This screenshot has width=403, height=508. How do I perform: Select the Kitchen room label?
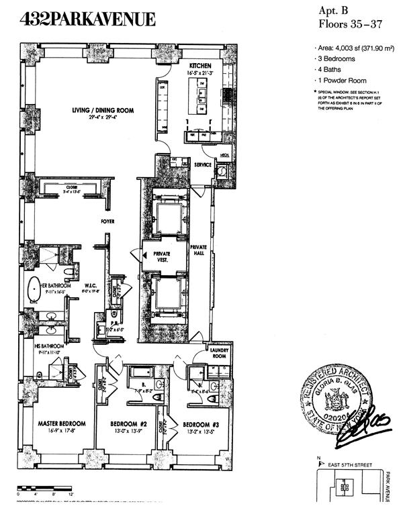pyautogui.click(x=201, y=65)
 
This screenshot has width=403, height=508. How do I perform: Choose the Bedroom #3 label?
pyautogui.click(x=199, y=425)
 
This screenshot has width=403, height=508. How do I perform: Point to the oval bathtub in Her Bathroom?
pyautogui.click(x=33, y=290)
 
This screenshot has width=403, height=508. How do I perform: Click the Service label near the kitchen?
pyautogui.click(x=202, y=164)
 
